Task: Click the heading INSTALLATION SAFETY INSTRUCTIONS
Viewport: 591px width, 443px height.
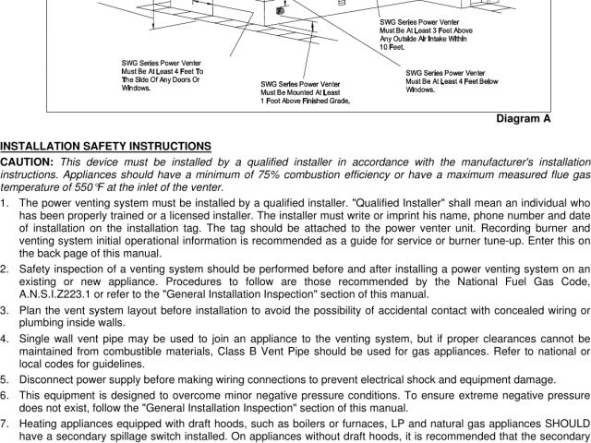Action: pyautogui.click(x=106, y=146)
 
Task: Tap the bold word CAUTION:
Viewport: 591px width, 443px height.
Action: pyautogui.click(x=27, y=162)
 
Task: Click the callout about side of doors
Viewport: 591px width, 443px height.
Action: pyautogui.click(x=163, y=75)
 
